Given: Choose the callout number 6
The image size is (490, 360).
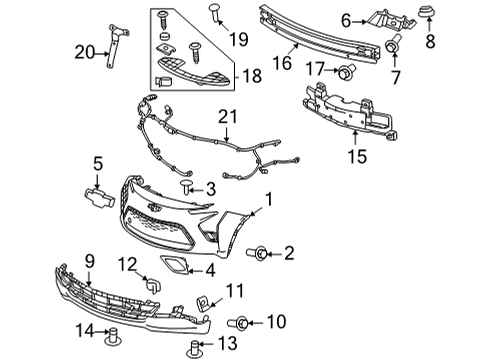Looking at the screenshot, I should pyautogui.click(x=347, y=19).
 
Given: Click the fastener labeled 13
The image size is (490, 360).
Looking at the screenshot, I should pyautogui.click(x=197, y=344).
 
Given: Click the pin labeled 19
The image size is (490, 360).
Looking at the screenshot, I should pyautogui.click(x=215, y=12).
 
